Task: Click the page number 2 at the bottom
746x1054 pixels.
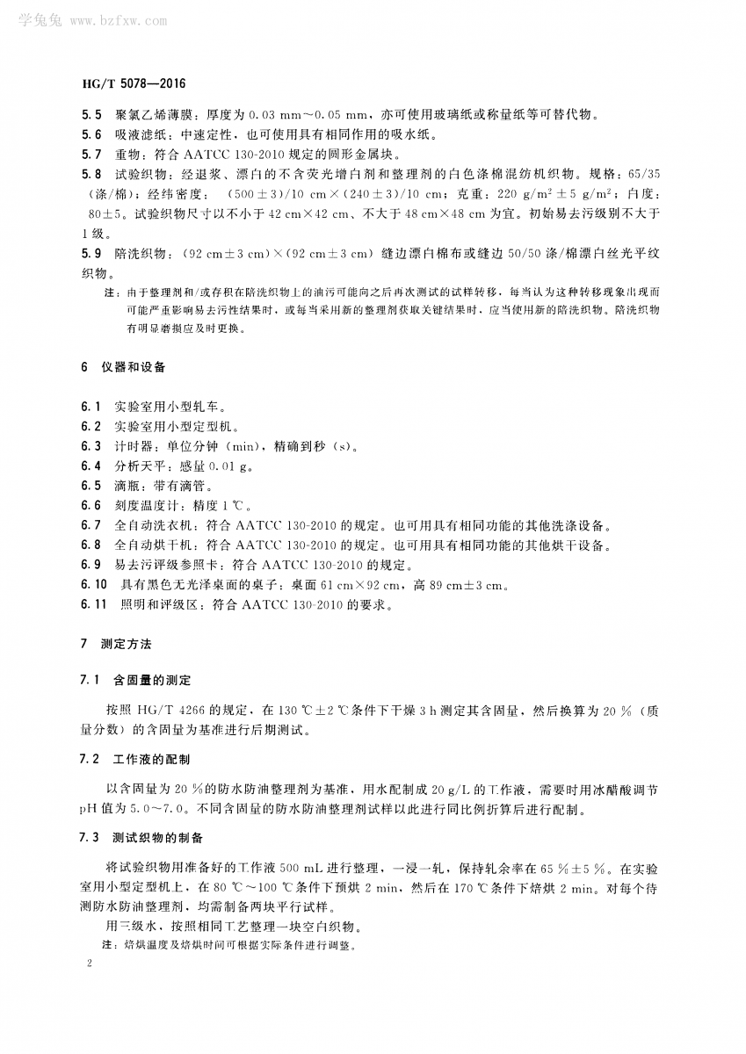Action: click(91, 964)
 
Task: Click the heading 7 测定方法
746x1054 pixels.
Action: click(115, 644)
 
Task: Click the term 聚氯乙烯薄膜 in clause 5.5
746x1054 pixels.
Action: click(156, 114)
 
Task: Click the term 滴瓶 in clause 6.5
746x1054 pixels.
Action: click(128, 486)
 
